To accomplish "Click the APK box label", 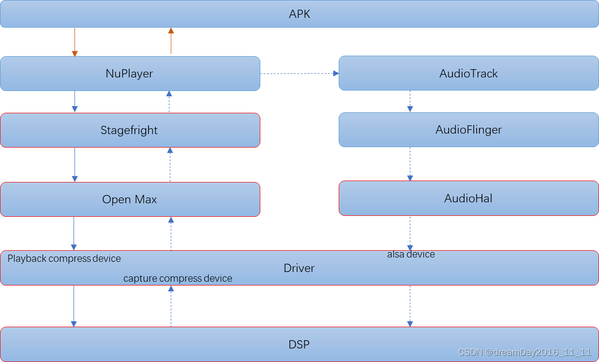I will pyautogui.click(x=299, y=14).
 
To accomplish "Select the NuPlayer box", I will pyautogui.click(x=130, y=74).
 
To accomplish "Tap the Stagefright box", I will pyautogui.click(x=130, y=130).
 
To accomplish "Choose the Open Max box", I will pyautogui.click(x=130, y=199).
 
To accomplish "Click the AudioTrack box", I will pyautogui.click(x=468, y=74).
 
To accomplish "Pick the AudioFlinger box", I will pyautogui.click(x=468, y=130).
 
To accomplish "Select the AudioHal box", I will pyautogui.click(x=468, y=198).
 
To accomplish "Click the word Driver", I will pyautogui.click(x=299, y=268).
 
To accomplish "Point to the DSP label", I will pyautogui.click(x=299, y=345).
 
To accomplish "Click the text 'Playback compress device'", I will pyautogui.click(x=64, y=258).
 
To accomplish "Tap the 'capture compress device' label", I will pyautogui.click(x=178, y=278).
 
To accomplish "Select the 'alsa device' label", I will pyautogui.click(x=411, y=254).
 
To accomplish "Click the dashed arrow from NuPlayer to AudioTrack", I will pyautogui.click(x=299, y=74).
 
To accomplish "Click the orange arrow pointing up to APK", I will pyautogui.click(x=171, y=41).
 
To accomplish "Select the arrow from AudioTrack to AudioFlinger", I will pyautogui.click(x=410, y=102).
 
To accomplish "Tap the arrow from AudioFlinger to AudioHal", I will pyautogui.click(x=410, y=164).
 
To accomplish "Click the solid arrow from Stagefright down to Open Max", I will pyautogui.click(x=75, y=165).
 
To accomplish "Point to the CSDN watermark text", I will pyautogui.click(x=524, y=352).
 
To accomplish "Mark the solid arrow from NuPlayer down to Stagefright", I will pyautogui.click(x=75, y=102).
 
